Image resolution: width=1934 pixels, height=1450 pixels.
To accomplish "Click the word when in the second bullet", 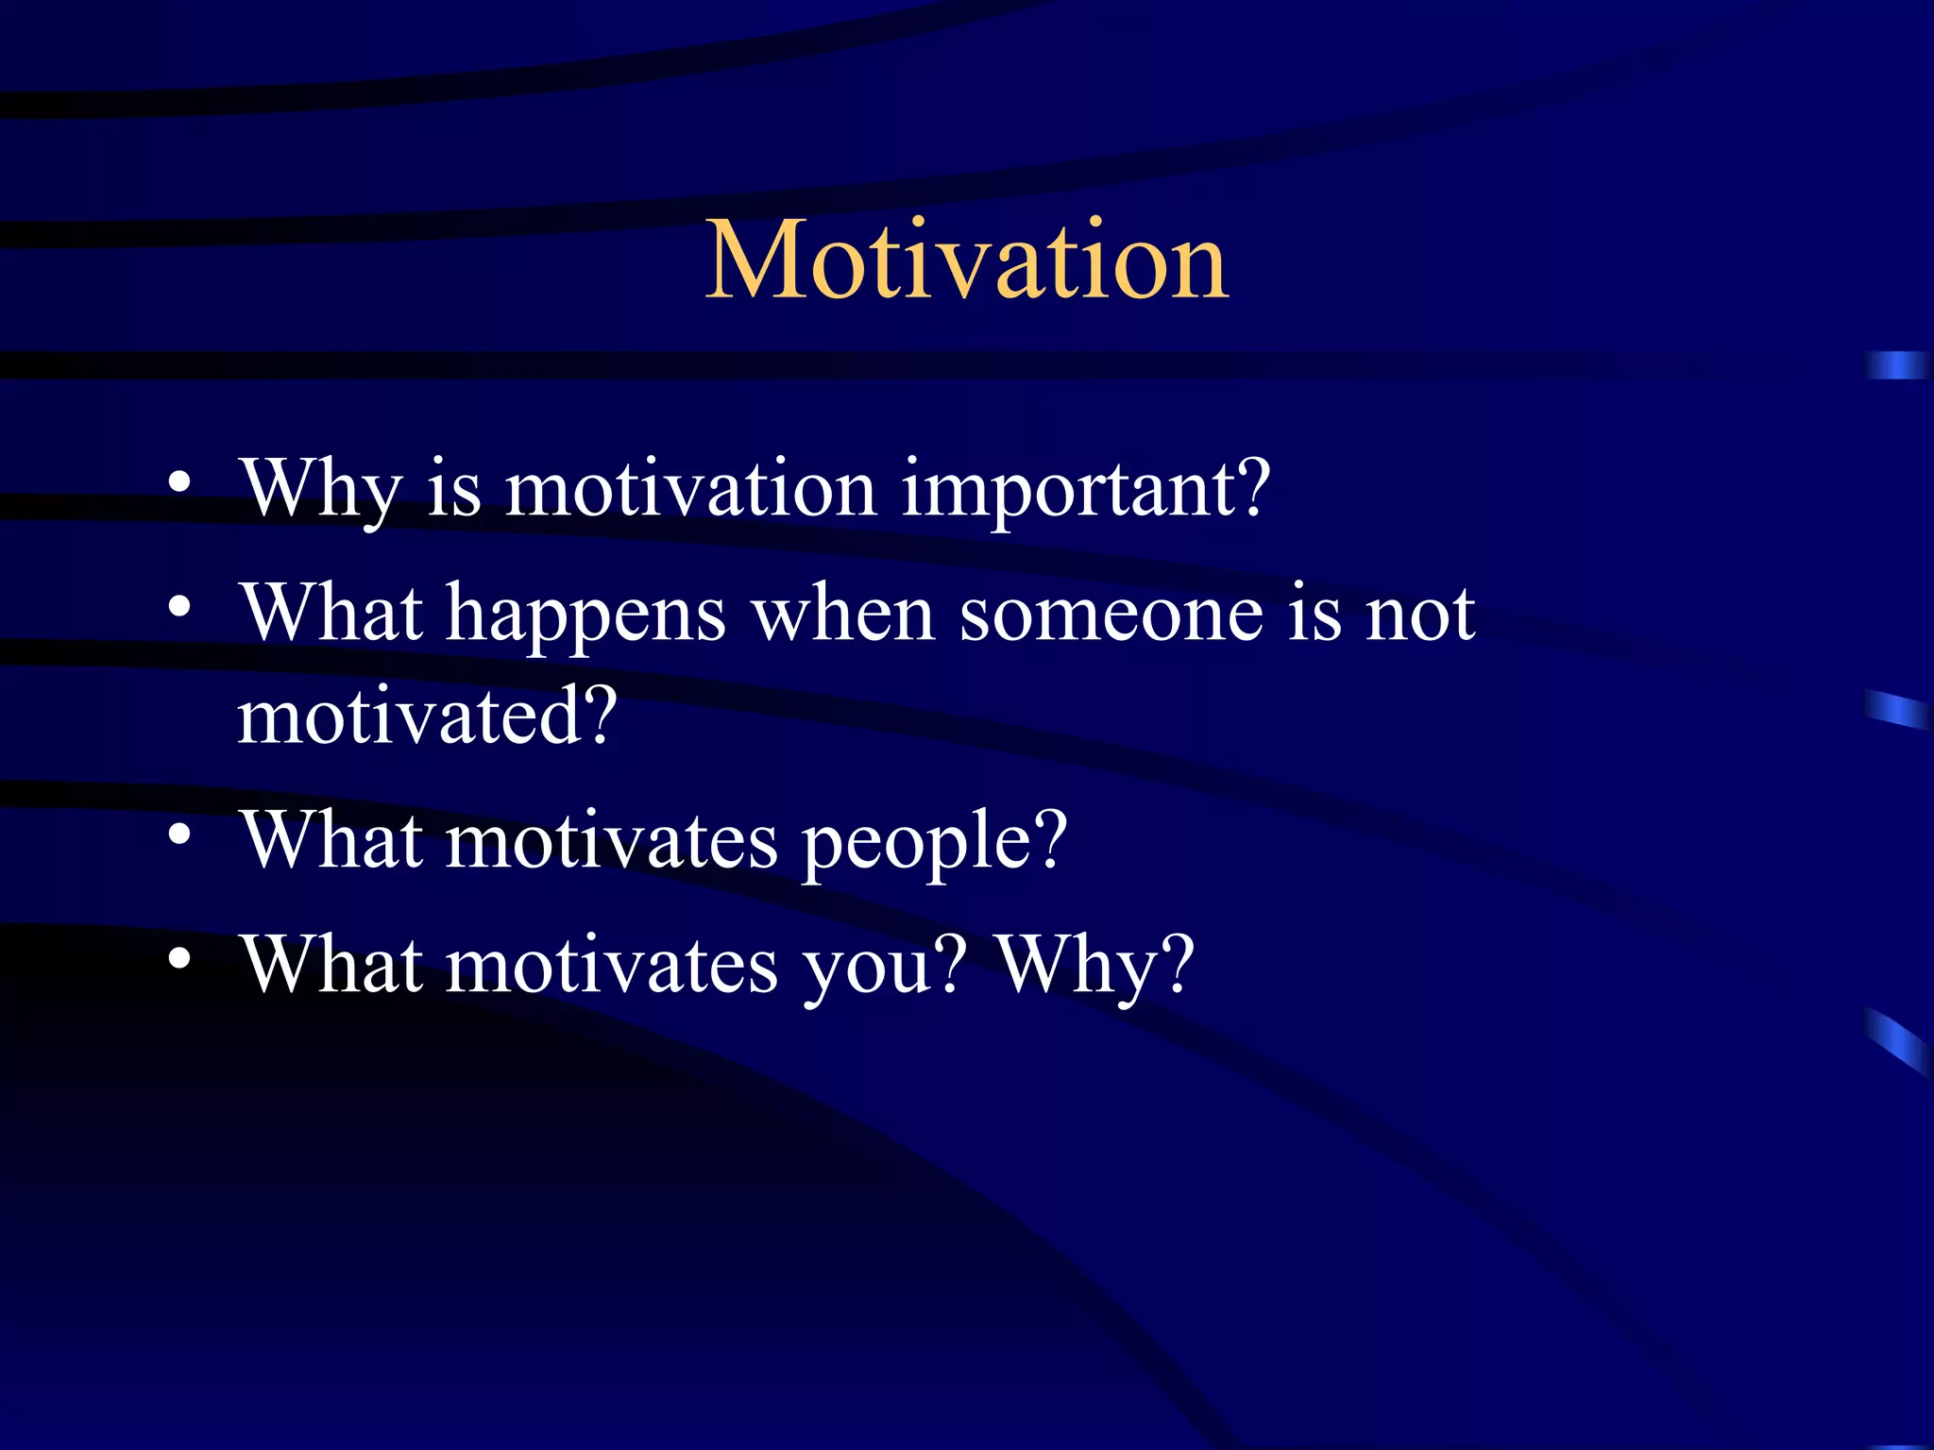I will [842, 614].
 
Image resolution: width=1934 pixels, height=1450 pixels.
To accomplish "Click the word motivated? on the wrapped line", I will [427, 717].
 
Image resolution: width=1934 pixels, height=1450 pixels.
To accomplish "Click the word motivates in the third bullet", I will [612, 840].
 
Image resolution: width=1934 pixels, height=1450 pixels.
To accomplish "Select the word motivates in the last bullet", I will [612, 966].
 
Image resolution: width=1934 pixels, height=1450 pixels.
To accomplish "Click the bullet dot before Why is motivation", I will [179, 484].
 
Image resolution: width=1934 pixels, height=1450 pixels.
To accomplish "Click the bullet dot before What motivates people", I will [179, 835].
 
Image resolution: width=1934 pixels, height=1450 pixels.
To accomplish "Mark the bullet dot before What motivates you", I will [179, 960].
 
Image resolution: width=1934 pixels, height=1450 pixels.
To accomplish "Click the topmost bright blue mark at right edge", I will [1896, 365].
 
